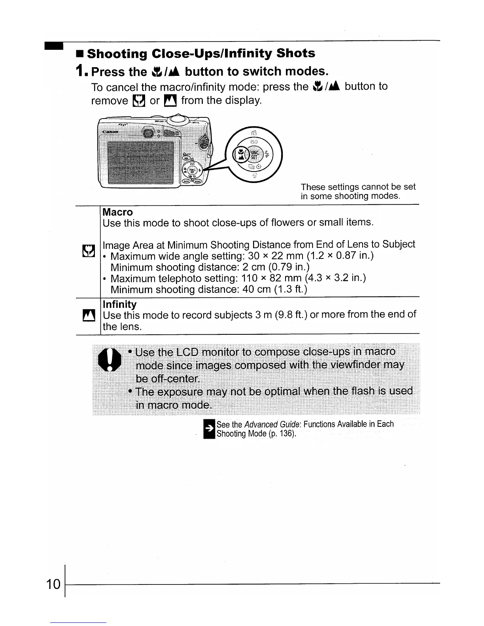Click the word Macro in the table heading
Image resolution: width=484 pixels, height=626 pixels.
(117, 212)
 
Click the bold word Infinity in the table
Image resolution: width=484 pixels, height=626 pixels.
(119, 304)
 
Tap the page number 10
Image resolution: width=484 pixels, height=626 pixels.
(53, 584)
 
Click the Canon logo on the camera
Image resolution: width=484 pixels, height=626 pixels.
(111, 132)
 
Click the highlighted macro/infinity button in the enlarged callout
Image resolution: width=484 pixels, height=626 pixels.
(240, 153)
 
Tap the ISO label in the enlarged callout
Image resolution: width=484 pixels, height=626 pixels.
(254, 141)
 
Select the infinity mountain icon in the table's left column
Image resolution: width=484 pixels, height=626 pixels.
(87, 316)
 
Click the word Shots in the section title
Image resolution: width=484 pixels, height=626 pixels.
(296, 53)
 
